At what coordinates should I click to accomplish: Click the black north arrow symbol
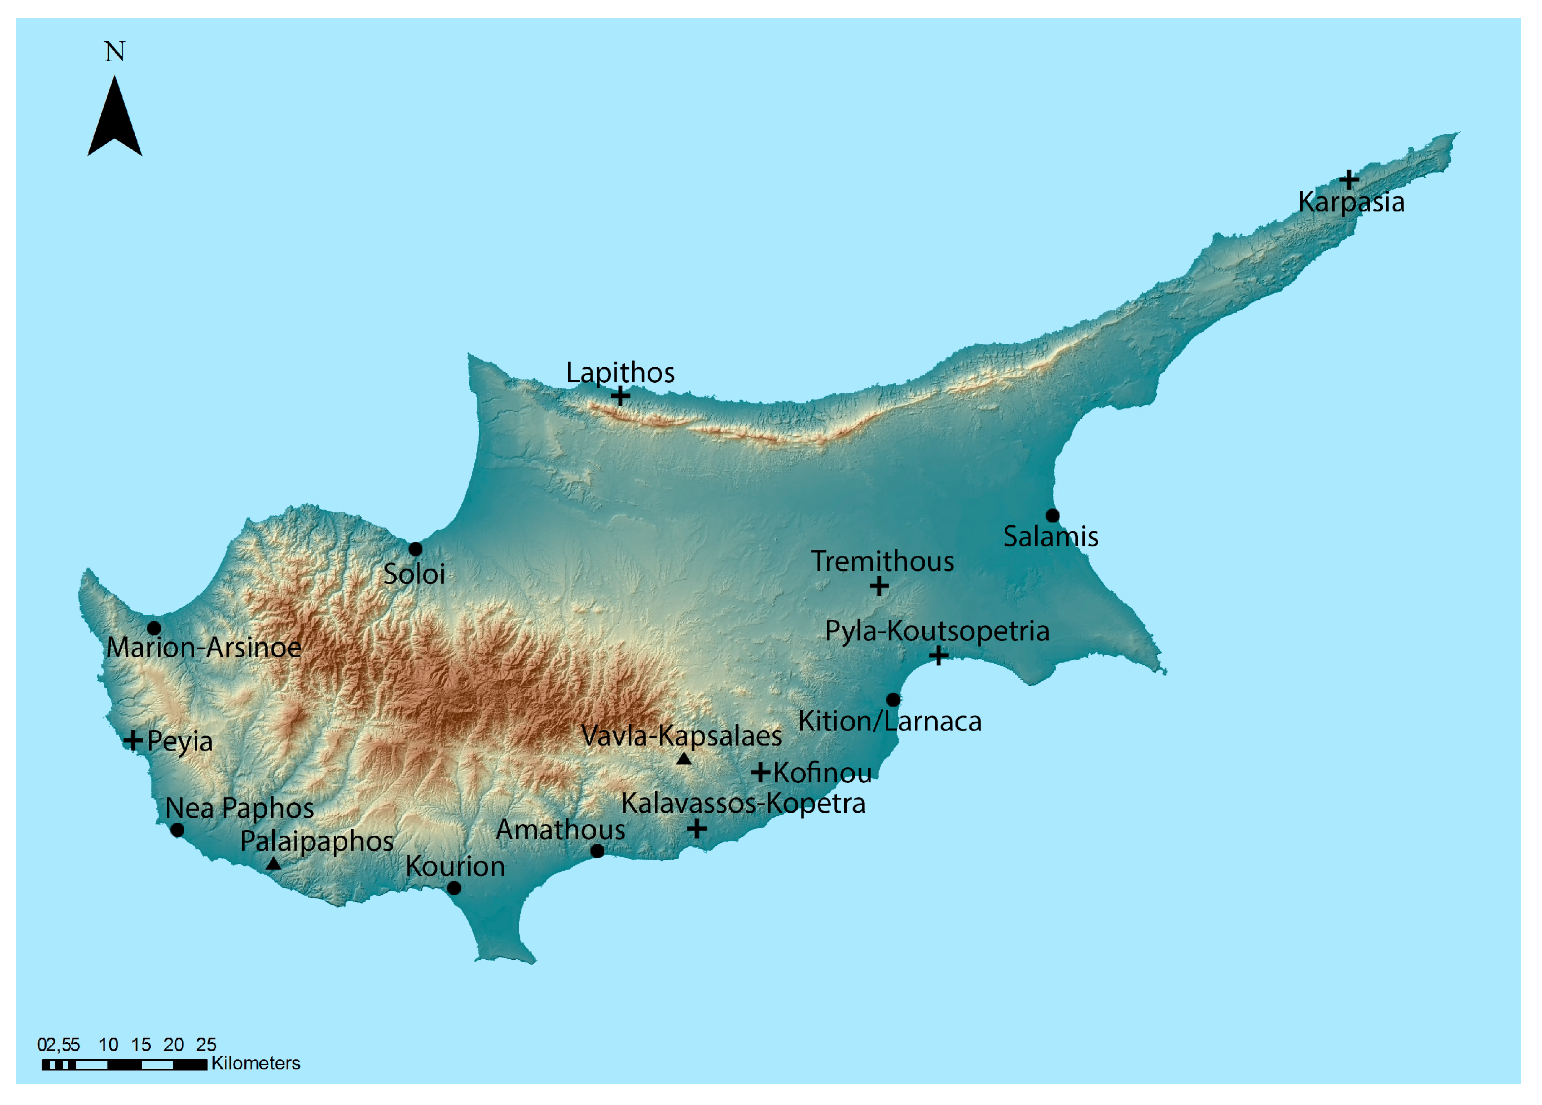tap(114, 120)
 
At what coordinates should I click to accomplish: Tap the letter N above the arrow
tap(114, 52)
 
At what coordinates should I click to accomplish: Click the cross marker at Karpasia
tap(1349, 180)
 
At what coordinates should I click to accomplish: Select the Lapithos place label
tap(620, 373)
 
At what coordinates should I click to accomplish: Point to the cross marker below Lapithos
tap(619, 396)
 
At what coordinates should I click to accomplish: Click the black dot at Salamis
tap(1052, 515)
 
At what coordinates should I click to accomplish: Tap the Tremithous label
tap(882, 561)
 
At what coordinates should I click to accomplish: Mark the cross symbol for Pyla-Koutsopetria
tap(938, 655)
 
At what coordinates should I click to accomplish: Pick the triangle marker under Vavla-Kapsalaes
tap(683, 759)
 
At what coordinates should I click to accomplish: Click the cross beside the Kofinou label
tap(760, 772)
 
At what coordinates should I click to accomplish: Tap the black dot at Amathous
tap(597, 851)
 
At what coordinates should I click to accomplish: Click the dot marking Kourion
tap(454, 887)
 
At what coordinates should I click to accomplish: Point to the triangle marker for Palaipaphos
tap(273, 864)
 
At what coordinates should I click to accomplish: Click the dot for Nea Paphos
tap(178, 830)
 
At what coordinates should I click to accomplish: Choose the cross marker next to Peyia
tap(133, 740)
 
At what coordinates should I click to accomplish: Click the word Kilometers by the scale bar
tap(255, 1063)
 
